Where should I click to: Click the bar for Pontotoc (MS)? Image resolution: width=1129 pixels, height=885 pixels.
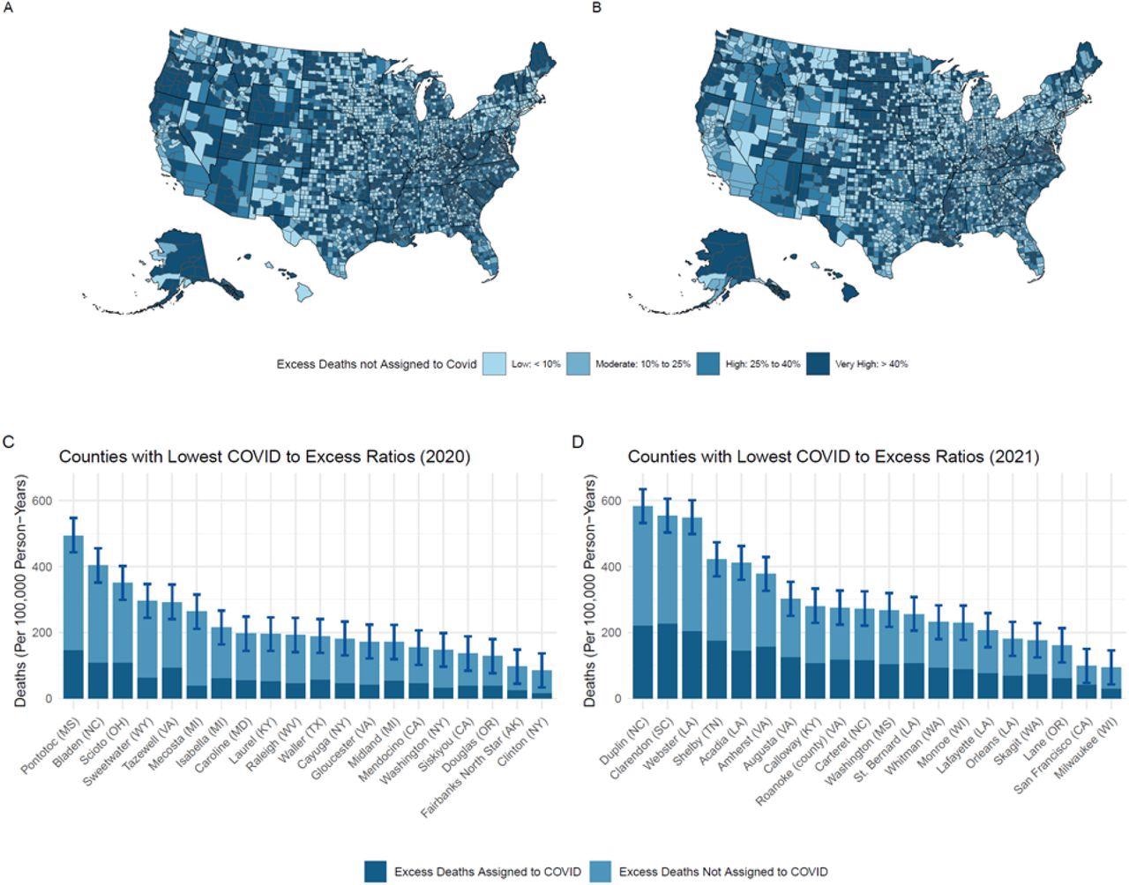[x=73, y=617]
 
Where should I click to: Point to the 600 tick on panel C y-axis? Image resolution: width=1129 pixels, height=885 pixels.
[x=41, y=501]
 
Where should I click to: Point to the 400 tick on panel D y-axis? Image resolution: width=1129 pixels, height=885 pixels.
[x=610, y=567]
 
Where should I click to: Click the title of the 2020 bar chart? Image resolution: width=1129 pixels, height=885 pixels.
[x=265, y=457]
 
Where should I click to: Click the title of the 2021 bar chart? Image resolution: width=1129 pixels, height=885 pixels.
[x=833, y=457]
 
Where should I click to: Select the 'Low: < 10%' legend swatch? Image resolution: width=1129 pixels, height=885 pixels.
[x=494, y=364]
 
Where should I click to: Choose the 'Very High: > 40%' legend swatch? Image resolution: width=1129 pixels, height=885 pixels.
[x=818, y=364]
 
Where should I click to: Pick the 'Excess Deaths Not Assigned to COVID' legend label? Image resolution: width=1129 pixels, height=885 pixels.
[x=723, y=872]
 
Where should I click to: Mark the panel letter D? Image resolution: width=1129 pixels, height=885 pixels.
[x=579, y=441]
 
